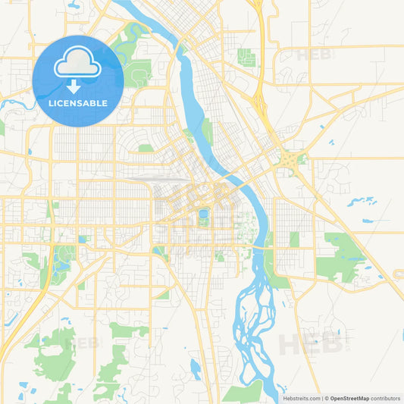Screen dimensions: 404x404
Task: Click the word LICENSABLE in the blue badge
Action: point(77,102)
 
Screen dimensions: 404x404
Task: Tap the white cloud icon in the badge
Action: point(77,64)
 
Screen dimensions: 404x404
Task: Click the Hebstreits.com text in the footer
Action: point(301,397)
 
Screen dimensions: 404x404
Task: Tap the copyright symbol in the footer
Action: point(327,397)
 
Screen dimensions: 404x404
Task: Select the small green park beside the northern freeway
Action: point(246,57)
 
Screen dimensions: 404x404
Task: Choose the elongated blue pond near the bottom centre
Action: point(196,370)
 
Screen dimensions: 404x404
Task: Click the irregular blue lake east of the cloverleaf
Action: point(362,202)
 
